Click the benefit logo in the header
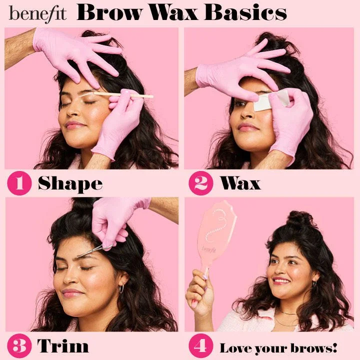click(37, 14)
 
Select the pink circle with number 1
click(19, 183)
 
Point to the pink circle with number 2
click(201, 183)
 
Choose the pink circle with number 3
click(19, 346)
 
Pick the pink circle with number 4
click(201, 346)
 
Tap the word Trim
click(63, 345)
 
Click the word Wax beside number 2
click(240, 183)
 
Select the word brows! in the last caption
click(313, 348)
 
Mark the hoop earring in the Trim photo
click(121, 288)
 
